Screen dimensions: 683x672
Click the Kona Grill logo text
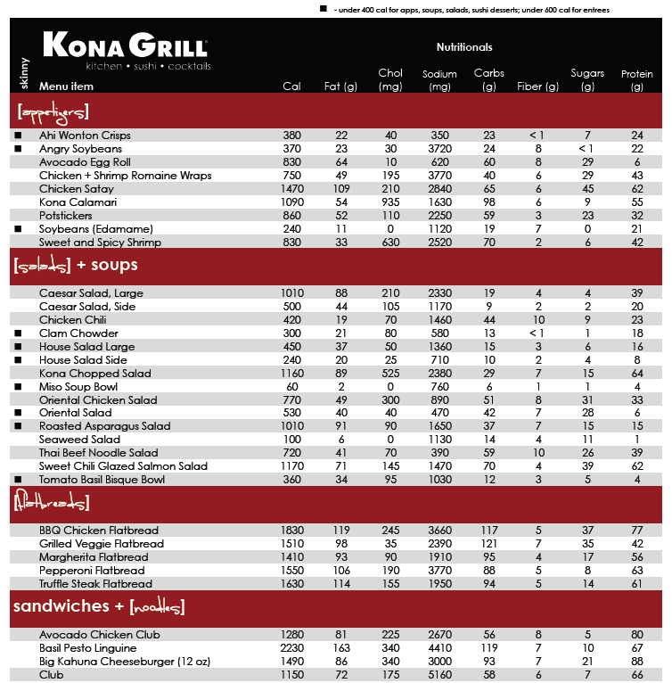126,45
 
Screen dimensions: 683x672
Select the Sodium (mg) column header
439,80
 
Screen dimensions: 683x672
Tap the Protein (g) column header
636,80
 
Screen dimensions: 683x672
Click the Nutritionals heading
464,47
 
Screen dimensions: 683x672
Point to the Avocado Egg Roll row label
85,162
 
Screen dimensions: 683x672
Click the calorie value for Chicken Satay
292,189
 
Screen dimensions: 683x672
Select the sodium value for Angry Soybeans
439,149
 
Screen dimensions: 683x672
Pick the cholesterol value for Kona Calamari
390,202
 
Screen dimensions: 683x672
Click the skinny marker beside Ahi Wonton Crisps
18,136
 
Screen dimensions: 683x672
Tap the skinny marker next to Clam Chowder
18,333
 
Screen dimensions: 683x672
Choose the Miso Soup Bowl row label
78,387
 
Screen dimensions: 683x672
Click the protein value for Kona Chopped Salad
636,374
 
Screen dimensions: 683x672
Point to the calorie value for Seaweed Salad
292,440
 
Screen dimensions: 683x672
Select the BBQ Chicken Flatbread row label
98,531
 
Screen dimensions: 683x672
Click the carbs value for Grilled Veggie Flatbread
488,544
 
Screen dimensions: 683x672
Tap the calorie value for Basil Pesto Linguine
292,648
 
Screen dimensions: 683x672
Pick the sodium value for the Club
439,675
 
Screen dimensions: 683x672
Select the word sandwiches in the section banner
61,607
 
